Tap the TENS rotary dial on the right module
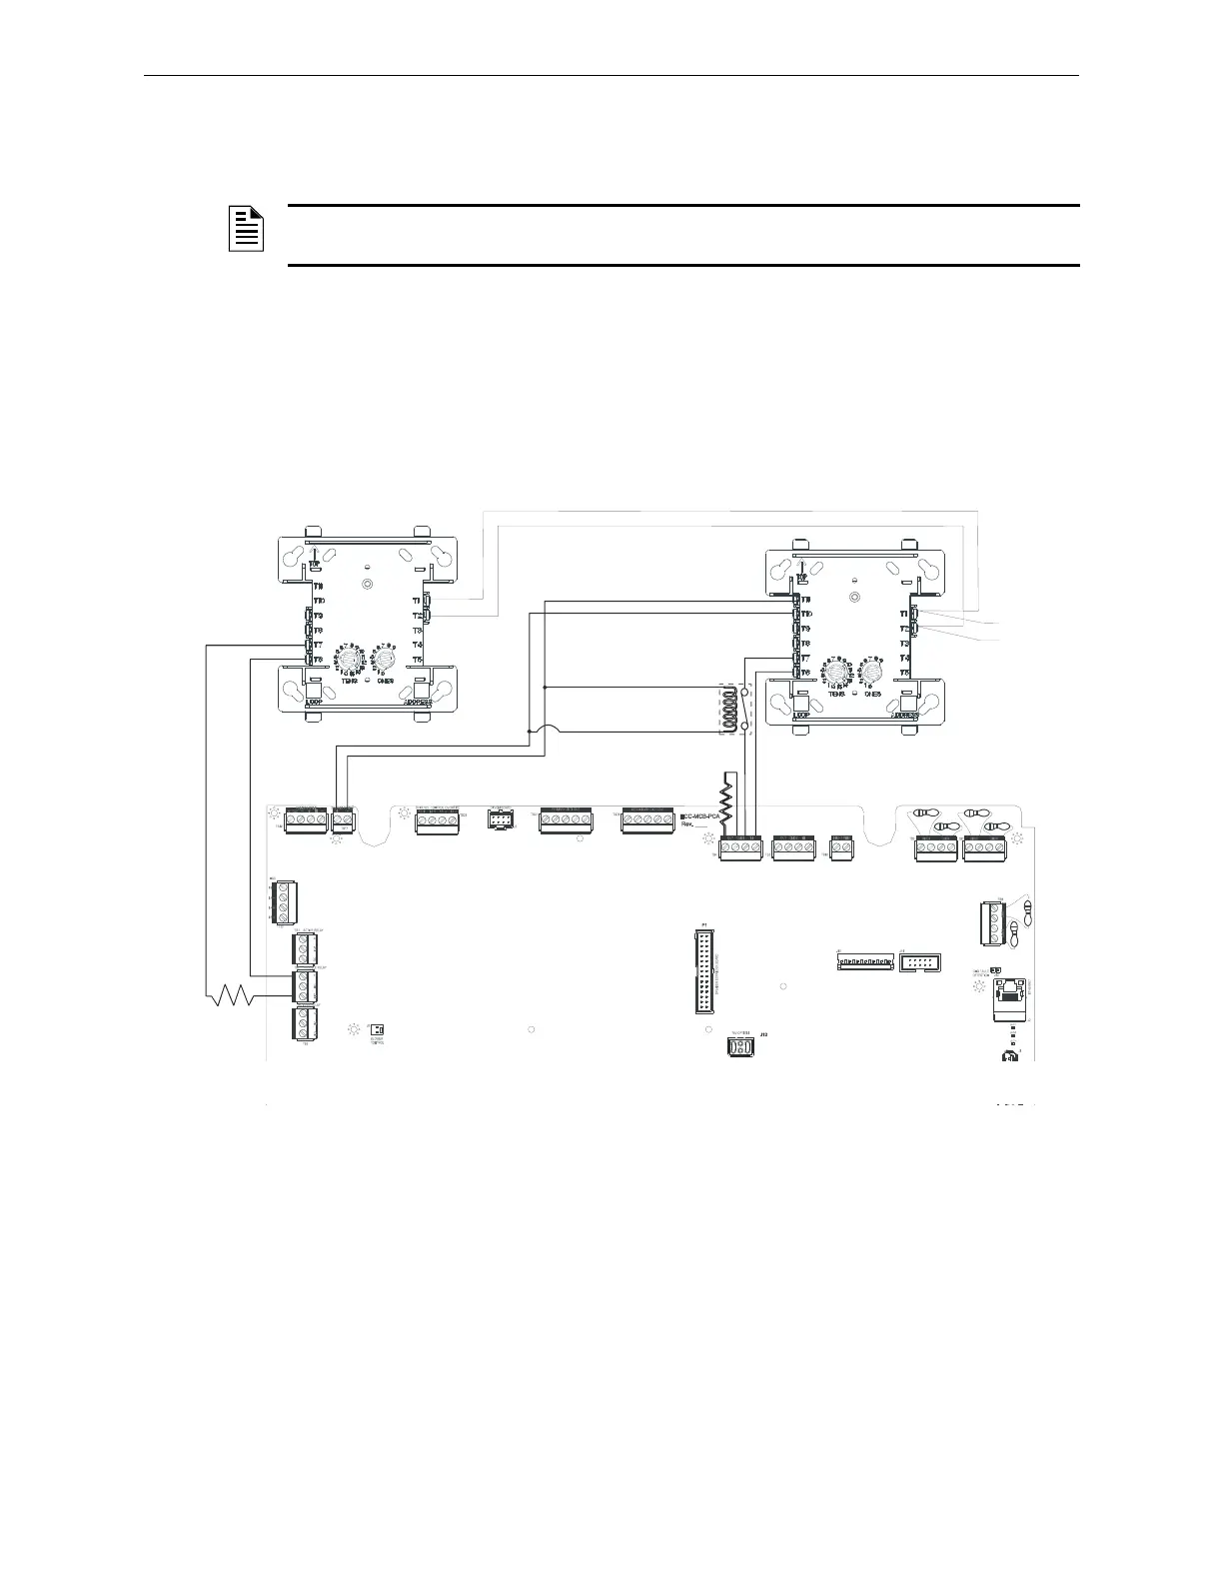836,675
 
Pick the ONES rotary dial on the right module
872,675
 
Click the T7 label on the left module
318,645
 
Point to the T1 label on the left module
416,601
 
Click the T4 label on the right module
904,658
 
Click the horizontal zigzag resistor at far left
232,995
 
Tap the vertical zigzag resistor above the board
728,796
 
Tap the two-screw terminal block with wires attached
342,820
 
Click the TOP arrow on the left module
314,560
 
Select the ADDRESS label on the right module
908,716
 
